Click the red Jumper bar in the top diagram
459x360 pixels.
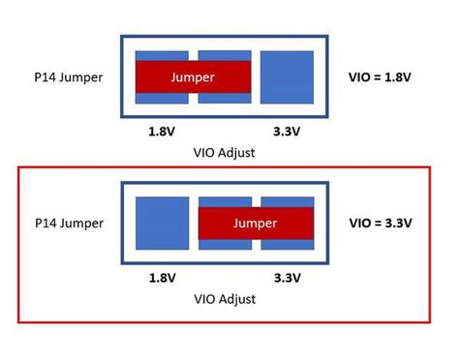point(194,76)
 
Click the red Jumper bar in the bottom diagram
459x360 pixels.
point(257,224)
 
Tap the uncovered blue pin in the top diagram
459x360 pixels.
point(288,76)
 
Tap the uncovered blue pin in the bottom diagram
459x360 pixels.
point(162,224)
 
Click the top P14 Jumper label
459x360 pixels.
point(65,76)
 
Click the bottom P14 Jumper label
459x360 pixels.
point(65,224)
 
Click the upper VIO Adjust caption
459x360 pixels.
point(224,152)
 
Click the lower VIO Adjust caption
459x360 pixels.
point(224,299)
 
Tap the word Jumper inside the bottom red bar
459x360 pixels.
point(255,224)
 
